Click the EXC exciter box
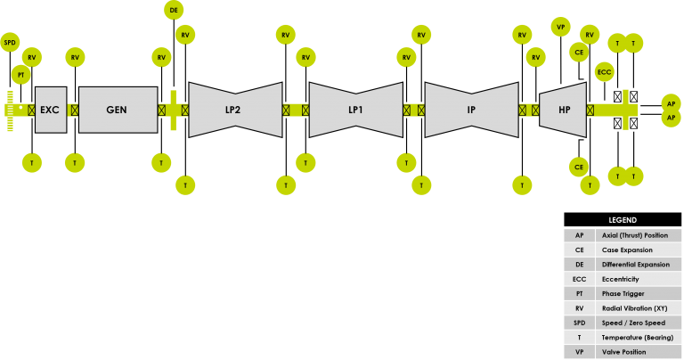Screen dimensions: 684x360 (x=51, y=110)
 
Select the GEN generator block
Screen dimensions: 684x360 (x=118, y=110)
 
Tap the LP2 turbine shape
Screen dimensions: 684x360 (x=235, y=110)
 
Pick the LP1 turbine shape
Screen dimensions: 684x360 (x=356, y=110)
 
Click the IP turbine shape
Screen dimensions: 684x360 (x=471, y=110)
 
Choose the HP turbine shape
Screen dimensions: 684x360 (x=563, y=110)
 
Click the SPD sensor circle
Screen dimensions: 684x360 (x=10, y=43)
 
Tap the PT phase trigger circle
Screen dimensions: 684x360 (x=21, y=75)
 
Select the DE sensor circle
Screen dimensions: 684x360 (x=174, y=10)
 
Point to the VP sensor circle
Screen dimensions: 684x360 (x=561, y=27)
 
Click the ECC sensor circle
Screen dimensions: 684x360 (x=604, y=72)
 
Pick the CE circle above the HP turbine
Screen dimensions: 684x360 (x=579, y=53)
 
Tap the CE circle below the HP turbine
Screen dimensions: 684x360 (x=579, y=168)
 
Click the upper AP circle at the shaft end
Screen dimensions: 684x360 (x=671, y=104)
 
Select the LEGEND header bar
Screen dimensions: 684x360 (x=623, y=220)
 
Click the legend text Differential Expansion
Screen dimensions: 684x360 (x=636, y=265)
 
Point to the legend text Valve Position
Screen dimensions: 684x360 (x=623, y=352)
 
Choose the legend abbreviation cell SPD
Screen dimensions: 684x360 (x=579, y=323)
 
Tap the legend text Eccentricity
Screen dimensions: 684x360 (x=620, y=279)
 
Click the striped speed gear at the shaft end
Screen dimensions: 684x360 (x=10, y=110)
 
